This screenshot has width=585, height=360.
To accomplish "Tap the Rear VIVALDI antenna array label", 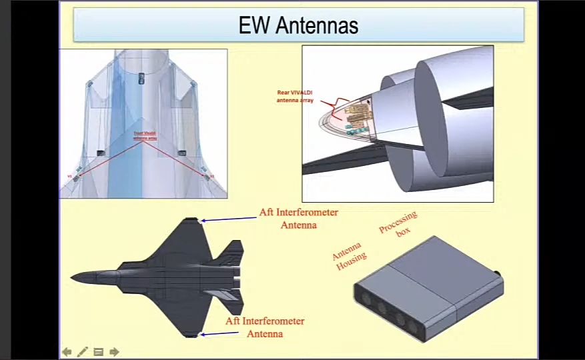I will [296, 96].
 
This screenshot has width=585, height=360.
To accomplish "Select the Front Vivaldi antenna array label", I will [145, 136].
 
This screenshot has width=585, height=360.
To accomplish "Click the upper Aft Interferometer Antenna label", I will [298, 219].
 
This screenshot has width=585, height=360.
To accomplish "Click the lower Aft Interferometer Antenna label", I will [265, 327].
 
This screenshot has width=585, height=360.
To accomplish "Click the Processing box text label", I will [398, 223].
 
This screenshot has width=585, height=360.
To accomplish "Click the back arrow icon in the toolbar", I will [67, 351].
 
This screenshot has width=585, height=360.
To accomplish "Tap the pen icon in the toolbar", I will [83, 351].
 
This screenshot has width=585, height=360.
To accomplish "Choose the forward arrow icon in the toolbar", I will [114, 351].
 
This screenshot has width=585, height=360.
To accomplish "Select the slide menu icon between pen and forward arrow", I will [99, 351].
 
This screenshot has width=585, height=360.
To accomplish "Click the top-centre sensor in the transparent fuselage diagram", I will [141, 79].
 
